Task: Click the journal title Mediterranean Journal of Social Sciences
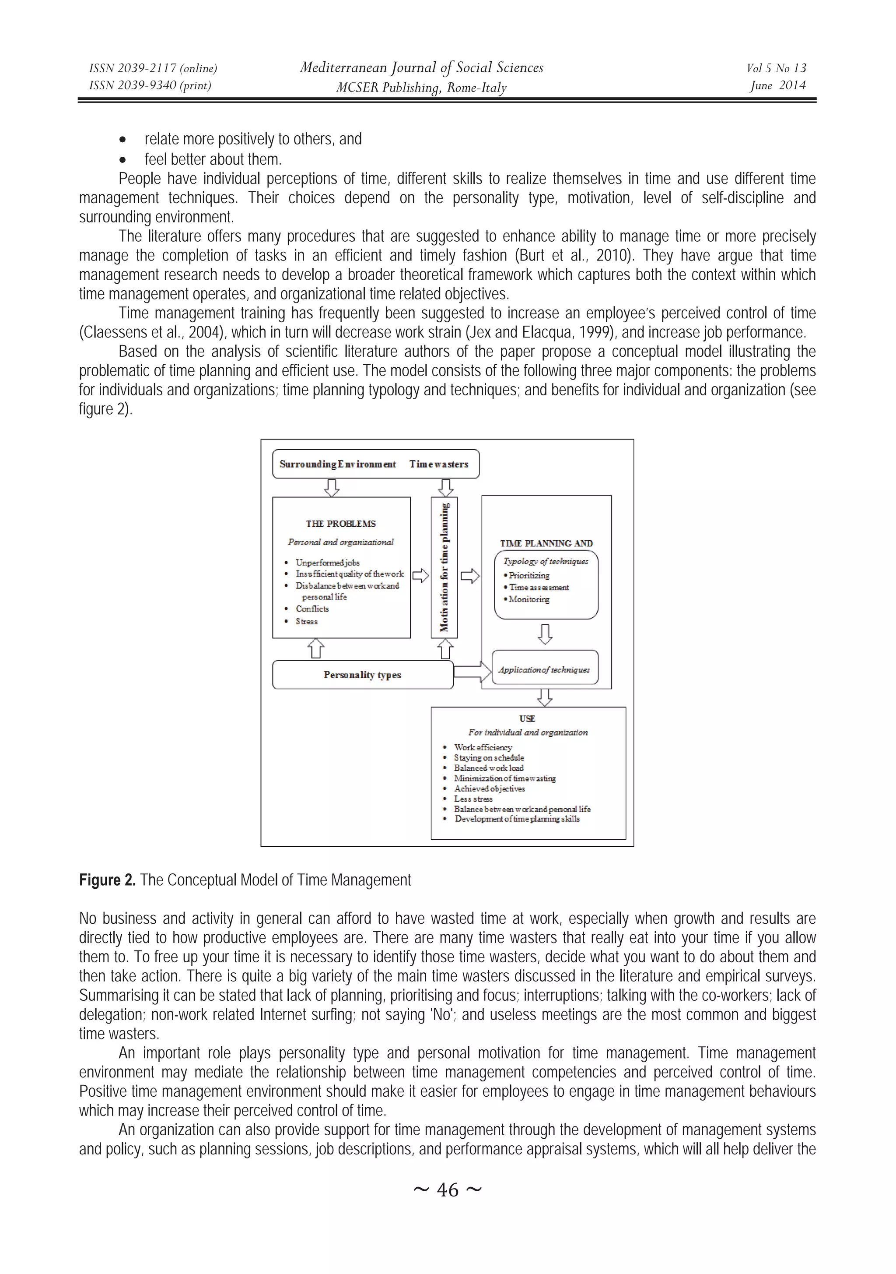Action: click(421, 68)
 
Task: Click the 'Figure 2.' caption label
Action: click(107, 880)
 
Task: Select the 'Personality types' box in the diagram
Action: click(362, 675)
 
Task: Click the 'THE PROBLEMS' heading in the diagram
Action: click(340, 524)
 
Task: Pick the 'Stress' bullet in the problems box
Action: click(307, 622)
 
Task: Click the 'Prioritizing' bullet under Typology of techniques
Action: click(529, 575)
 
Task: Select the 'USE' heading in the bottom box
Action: click(527, 718)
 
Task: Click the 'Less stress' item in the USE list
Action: click(473, 799)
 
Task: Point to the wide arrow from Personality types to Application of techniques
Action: click(472, 672)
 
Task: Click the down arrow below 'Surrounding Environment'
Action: click(332, 487)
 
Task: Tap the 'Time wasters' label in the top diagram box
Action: click(438, 465)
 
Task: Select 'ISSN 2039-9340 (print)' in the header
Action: click(150, 85)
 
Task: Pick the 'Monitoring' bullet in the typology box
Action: click(529, 599)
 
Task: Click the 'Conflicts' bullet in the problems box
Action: click(311, 609)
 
